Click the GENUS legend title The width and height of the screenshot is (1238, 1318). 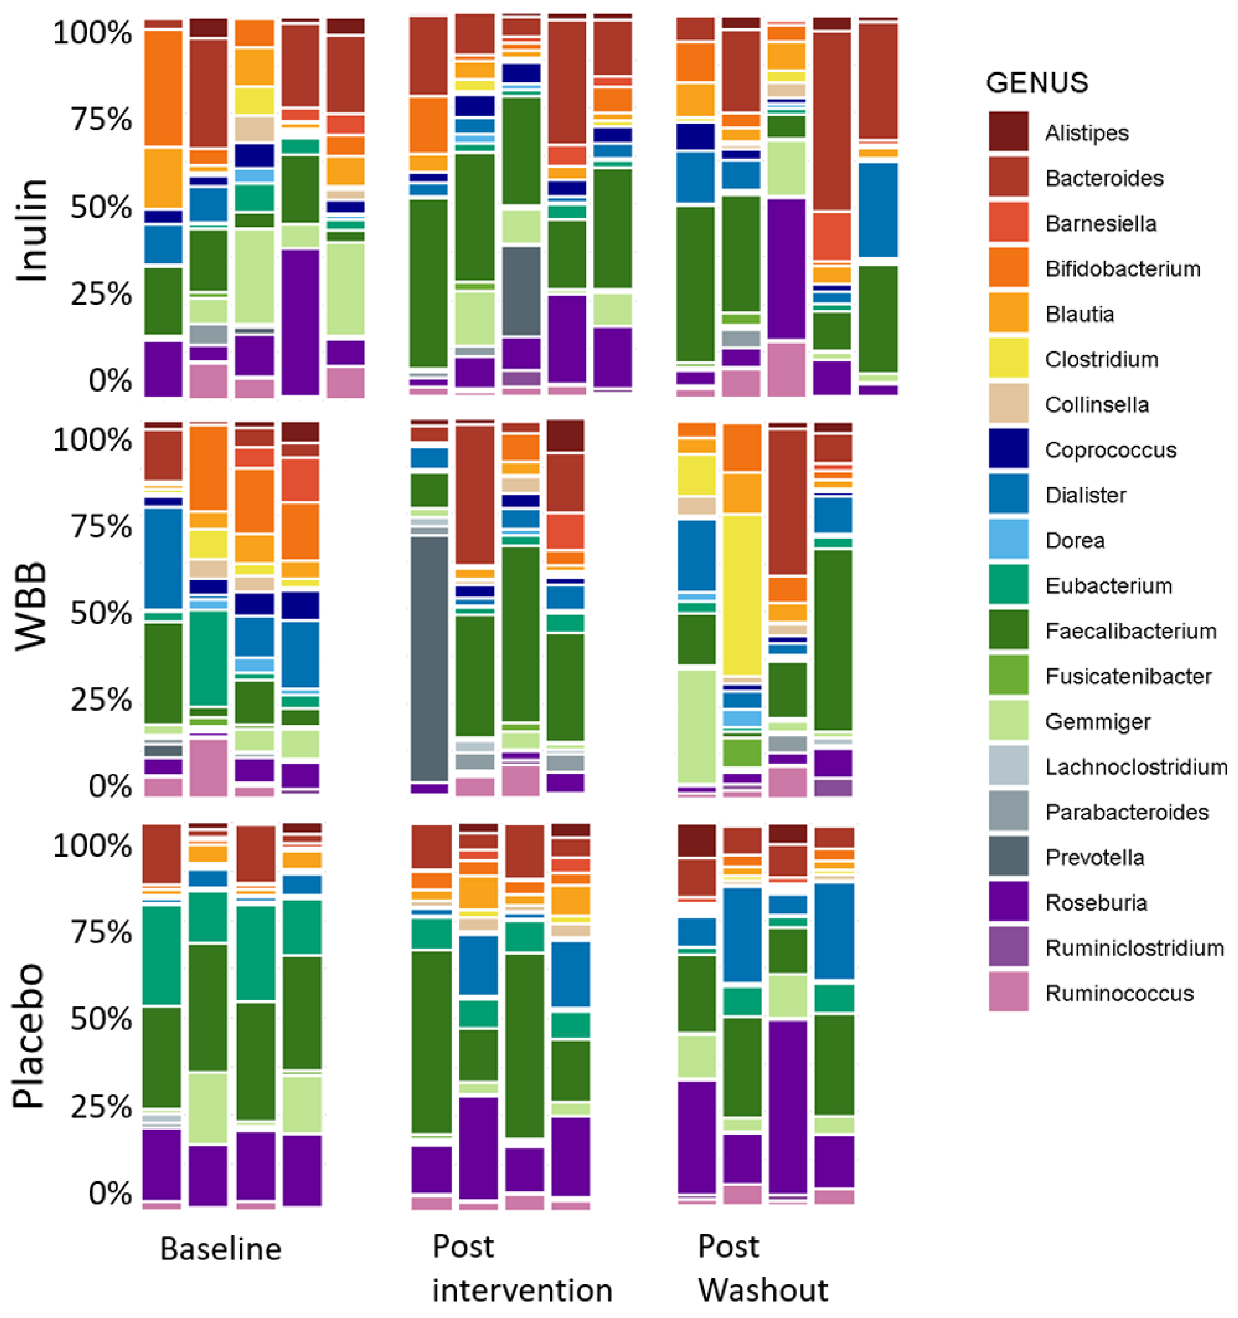tap(1036, 83)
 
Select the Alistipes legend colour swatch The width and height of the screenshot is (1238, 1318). tap(1008, 131)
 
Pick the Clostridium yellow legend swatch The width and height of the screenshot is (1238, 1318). tap(1008, 358)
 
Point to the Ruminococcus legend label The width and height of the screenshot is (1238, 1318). tap(1119, 993)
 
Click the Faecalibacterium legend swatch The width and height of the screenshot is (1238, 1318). tap(1008, 630)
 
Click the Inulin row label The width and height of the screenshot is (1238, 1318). tap(31, 230)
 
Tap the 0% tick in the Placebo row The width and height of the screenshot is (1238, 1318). tap(109, 1193)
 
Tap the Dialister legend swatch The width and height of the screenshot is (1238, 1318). tap(1008, 494)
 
